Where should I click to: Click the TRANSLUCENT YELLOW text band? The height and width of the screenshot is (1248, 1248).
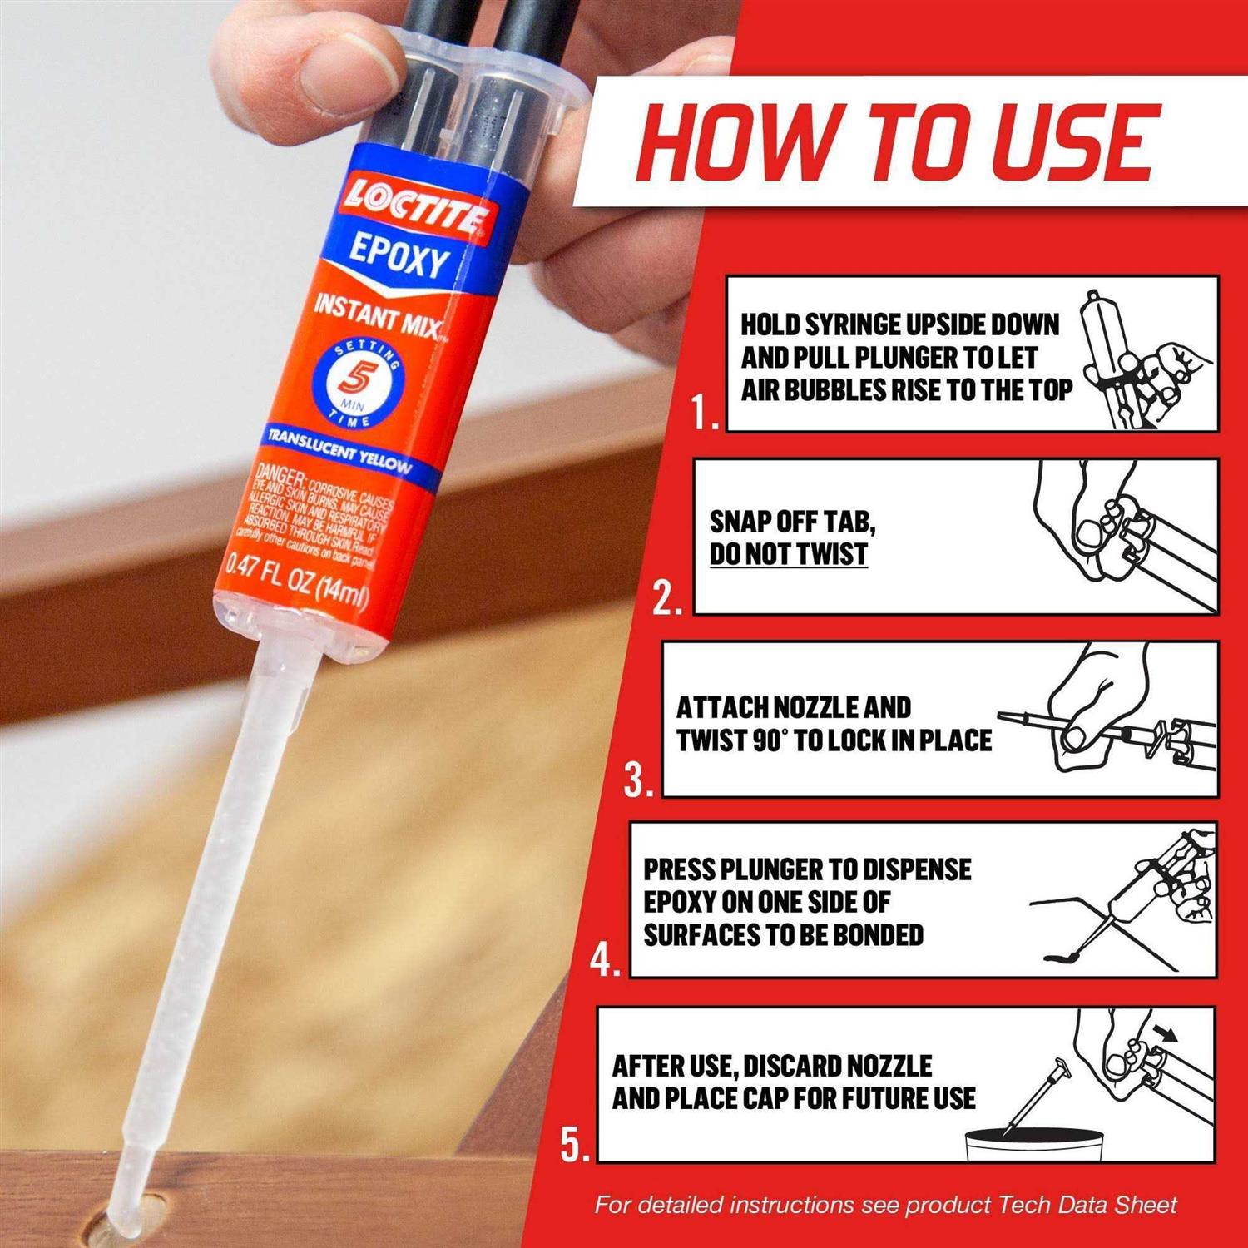coord(339,448)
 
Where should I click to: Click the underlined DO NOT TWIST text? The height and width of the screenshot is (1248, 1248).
coord(788,554)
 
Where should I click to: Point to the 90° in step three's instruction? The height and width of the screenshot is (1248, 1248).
coord(770,740)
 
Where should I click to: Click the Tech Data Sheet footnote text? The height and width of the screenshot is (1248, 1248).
coord(885,1205)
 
